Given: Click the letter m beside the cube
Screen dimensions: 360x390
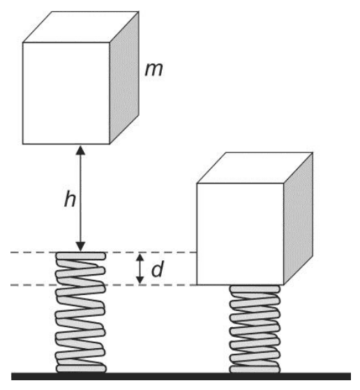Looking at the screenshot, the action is (x=154, y=69).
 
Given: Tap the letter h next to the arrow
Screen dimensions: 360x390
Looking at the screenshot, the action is (x=70, y=200).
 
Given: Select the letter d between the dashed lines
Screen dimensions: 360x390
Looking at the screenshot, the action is (x=158, y=269).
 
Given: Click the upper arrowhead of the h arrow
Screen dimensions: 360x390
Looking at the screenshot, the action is (x=80, y=150).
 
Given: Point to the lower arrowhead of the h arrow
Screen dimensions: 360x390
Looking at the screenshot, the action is (x=80, y=247).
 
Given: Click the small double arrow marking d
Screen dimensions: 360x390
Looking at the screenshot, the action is (x=140, y=269).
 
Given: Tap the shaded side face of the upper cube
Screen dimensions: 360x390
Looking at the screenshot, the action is (x=124, y=77).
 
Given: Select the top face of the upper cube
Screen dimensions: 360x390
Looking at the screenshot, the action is (x=81, y=27).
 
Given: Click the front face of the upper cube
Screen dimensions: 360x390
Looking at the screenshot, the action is (x=66, y=93).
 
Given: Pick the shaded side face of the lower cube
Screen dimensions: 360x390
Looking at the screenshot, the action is (x=298, y=218).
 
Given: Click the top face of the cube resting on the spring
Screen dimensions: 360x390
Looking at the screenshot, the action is (x=255, y=168).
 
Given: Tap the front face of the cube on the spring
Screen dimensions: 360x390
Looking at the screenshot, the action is (x=240, y=234).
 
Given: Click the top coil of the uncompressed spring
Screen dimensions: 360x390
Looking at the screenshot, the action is (x=81, y=256).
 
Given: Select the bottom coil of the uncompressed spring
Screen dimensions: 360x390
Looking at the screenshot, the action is (x=81, y=368).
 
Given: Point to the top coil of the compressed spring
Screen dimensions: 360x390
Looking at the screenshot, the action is (x=255, y=289).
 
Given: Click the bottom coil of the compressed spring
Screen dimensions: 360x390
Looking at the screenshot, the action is (x=255, y=369).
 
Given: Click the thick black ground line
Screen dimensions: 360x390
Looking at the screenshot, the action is (x=181, y=376).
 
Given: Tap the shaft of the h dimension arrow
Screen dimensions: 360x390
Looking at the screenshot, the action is (x=80, y=198).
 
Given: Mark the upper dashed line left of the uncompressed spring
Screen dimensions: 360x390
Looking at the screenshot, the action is (x=33, y=253).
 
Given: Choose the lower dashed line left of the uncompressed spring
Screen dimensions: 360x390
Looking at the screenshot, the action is (x=33, y=285).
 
